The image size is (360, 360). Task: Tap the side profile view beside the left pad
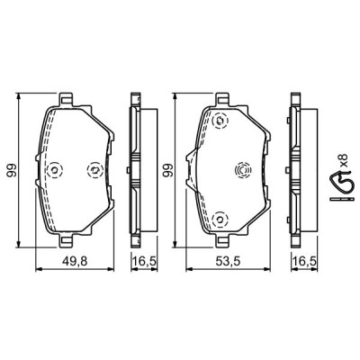(x=135, y=169)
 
